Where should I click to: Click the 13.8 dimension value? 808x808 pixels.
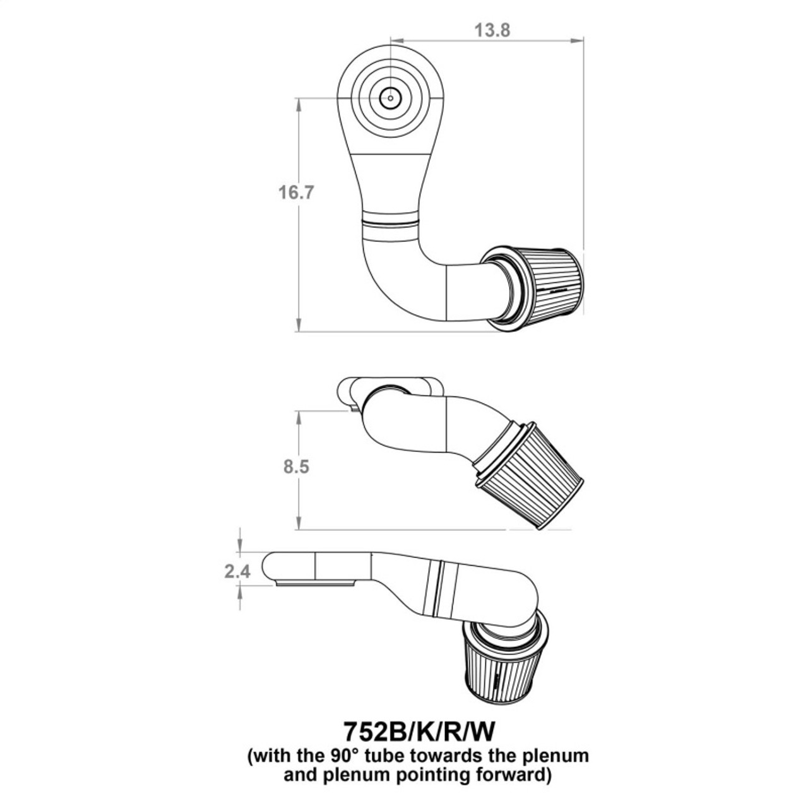coord(492,30)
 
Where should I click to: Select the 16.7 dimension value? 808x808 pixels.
coord(297,192)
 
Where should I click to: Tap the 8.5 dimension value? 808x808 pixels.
coord(297,468)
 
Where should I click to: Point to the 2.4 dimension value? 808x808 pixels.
coord(237,571)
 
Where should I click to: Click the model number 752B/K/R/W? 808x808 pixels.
coord(418,732)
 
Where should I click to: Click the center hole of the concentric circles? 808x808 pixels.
coord(391,98)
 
